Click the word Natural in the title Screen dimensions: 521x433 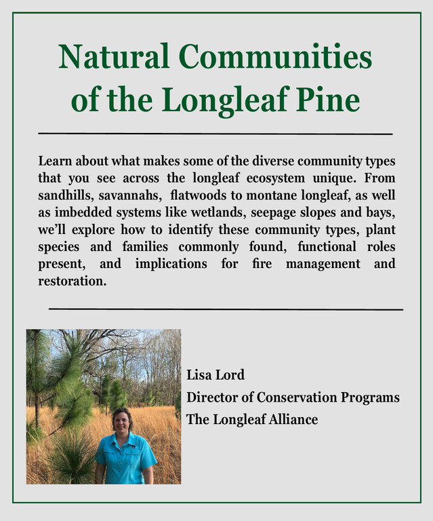(111, 57)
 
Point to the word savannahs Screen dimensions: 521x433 (129, 195)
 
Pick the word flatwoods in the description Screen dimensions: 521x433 (200, 195)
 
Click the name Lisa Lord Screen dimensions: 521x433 (215, 375)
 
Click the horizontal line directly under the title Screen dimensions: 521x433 (215, 134)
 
